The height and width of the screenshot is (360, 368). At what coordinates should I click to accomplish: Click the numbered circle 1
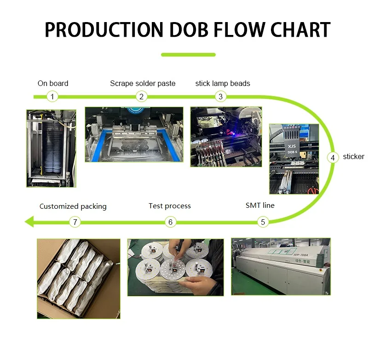click(53, 97)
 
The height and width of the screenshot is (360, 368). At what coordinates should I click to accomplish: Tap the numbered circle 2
click(142, 97)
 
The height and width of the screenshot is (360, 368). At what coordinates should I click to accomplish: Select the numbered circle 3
click(221, 97)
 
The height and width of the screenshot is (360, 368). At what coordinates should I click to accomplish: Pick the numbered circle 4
click(333, 157)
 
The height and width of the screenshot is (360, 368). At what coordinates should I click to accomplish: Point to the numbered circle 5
click(263, 222)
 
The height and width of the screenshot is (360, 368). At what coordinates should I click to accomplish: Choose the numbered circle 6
click(170, 222)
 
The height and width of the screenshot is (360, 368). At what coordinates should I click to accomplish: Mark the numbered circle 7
click(75, 222)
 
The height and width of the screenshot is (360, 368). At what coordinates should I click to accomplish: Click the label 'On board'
click(53, 83)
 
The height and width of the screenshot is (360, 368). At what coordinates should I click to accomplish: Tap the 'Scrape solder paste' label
click(143, 83)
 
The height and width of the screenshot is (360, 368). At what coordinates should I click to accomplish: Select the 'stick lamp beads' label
click(223, 83)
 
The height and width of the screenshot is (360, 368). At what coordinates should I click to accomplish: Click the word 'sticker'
click(353, 157)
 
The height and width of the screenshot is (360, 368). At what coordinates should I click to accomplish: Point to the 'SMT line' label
click(260, 206)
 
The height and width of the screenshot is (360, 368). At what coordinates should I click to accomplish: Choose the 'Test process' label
click(170, 206)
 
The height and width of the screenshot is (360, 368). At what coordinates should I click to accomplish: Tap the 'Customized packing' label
click(73, 206)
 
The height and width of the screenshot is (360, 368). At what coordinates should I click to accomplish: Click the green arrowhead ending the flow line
click(29, 222)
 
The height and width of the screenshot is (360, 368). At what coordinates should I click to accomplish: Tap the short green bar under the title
click(188, 55)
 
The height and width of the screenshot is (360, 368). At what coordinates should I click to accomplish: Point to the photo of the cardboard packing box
click(78, 278)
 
